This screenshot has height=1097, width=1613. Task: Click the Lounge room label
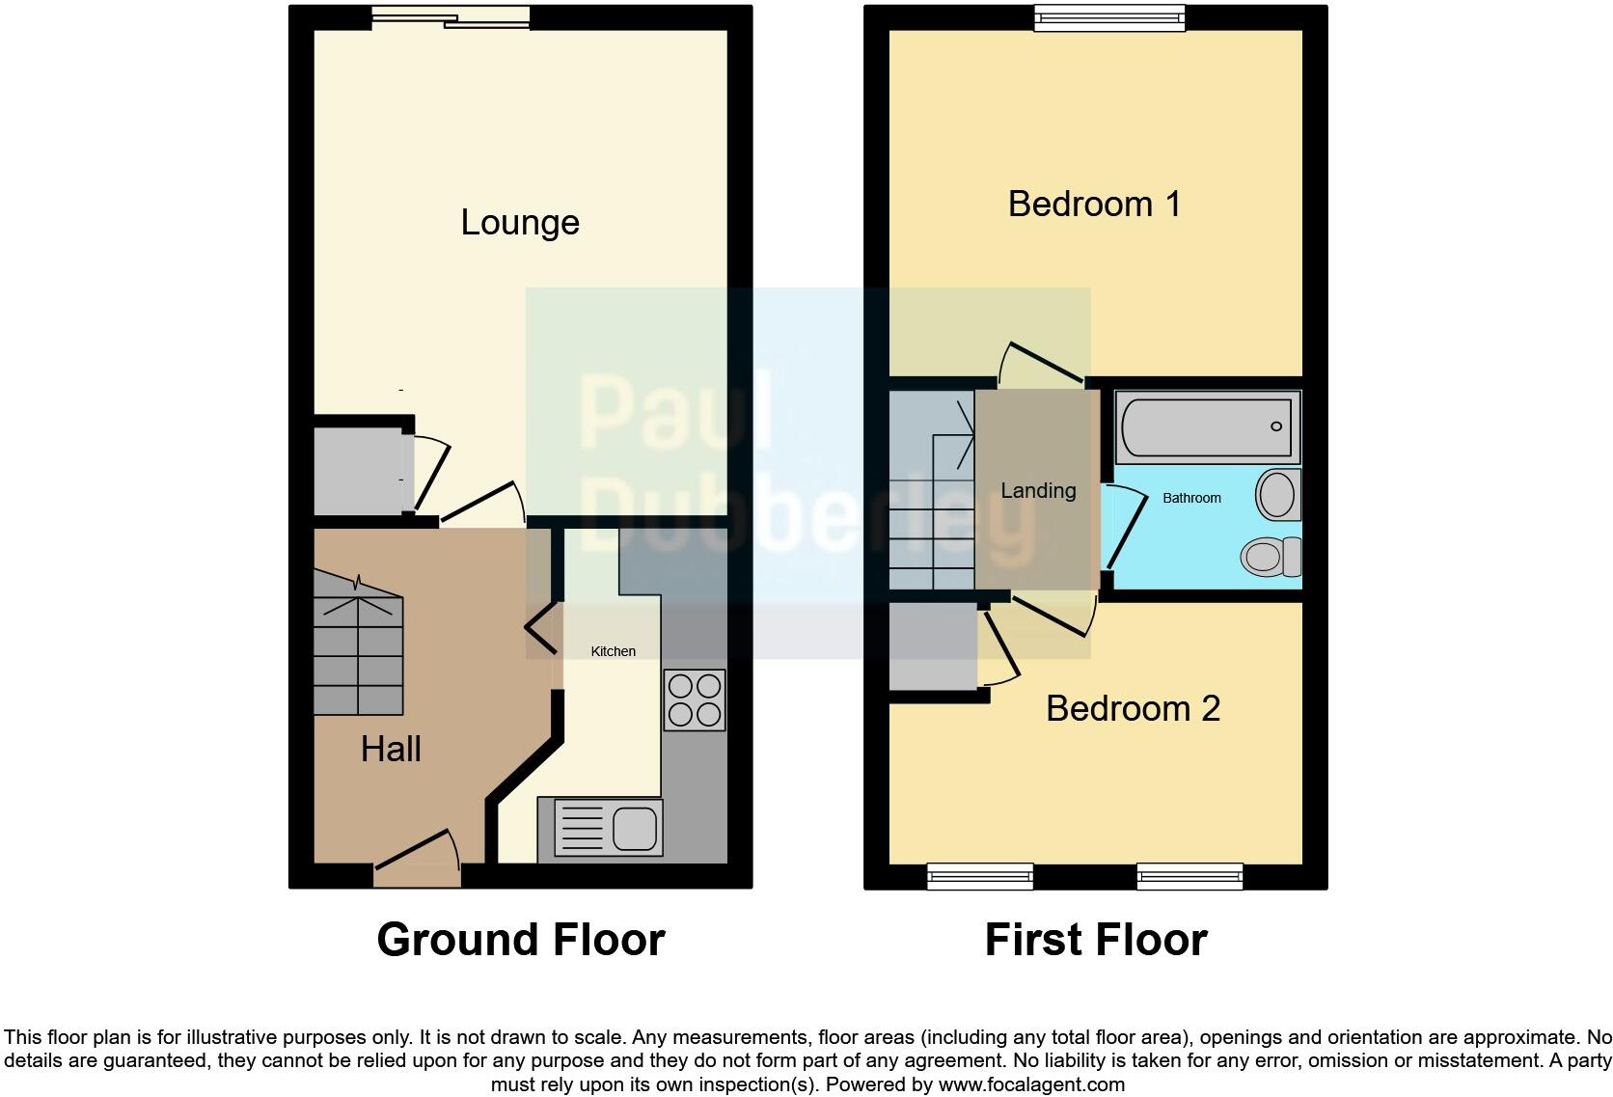(x=520, y=223)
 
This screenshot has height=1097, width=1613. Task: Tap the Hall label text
(x=391, y=750)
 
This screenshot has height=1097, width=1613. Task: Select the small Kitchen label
(x=613, y=651)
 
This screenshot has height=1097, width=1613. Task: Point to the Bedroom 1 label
(x=1094, y=205)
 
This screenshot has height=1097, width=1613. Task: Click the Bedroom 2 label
(x=1133, y=709)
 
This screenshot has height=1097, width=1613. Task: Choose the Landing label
(x=1038, y=491)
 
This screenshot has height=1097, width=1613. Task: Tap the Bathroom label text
(x=1191, y=498)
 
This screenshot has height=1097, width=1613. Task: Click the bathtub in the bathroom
(x=1208, y=425)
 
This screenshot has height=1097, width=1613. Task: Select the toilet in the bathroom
(x=1271, y=557)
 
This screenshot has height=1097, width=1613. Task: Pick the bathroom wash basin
(x=1278, y=495)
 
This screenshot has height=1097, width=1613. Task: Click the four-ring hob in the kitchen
(x=695, y=700)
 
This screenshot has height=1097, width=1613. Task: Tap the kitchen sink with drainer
(x=600, y=827)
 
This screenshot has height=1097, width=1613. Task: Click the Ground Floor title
(x=521, y=940)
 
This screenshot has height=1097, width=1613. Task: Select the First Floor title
(x=1096, y=940)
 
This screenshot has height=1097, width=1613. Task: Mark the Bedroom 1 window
(x=1109, y=17)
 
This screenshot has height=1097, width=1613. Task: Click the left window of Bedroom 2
(x=980, y=876)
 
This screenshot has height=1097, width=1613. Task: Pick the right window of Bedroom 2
(x=1189, y=876)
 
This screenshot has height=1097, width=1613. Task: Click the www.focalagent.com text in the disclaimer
(x=1031, y=1084)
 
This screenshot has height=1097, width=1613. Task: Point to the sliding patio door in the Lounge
(x=451, y=16)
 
